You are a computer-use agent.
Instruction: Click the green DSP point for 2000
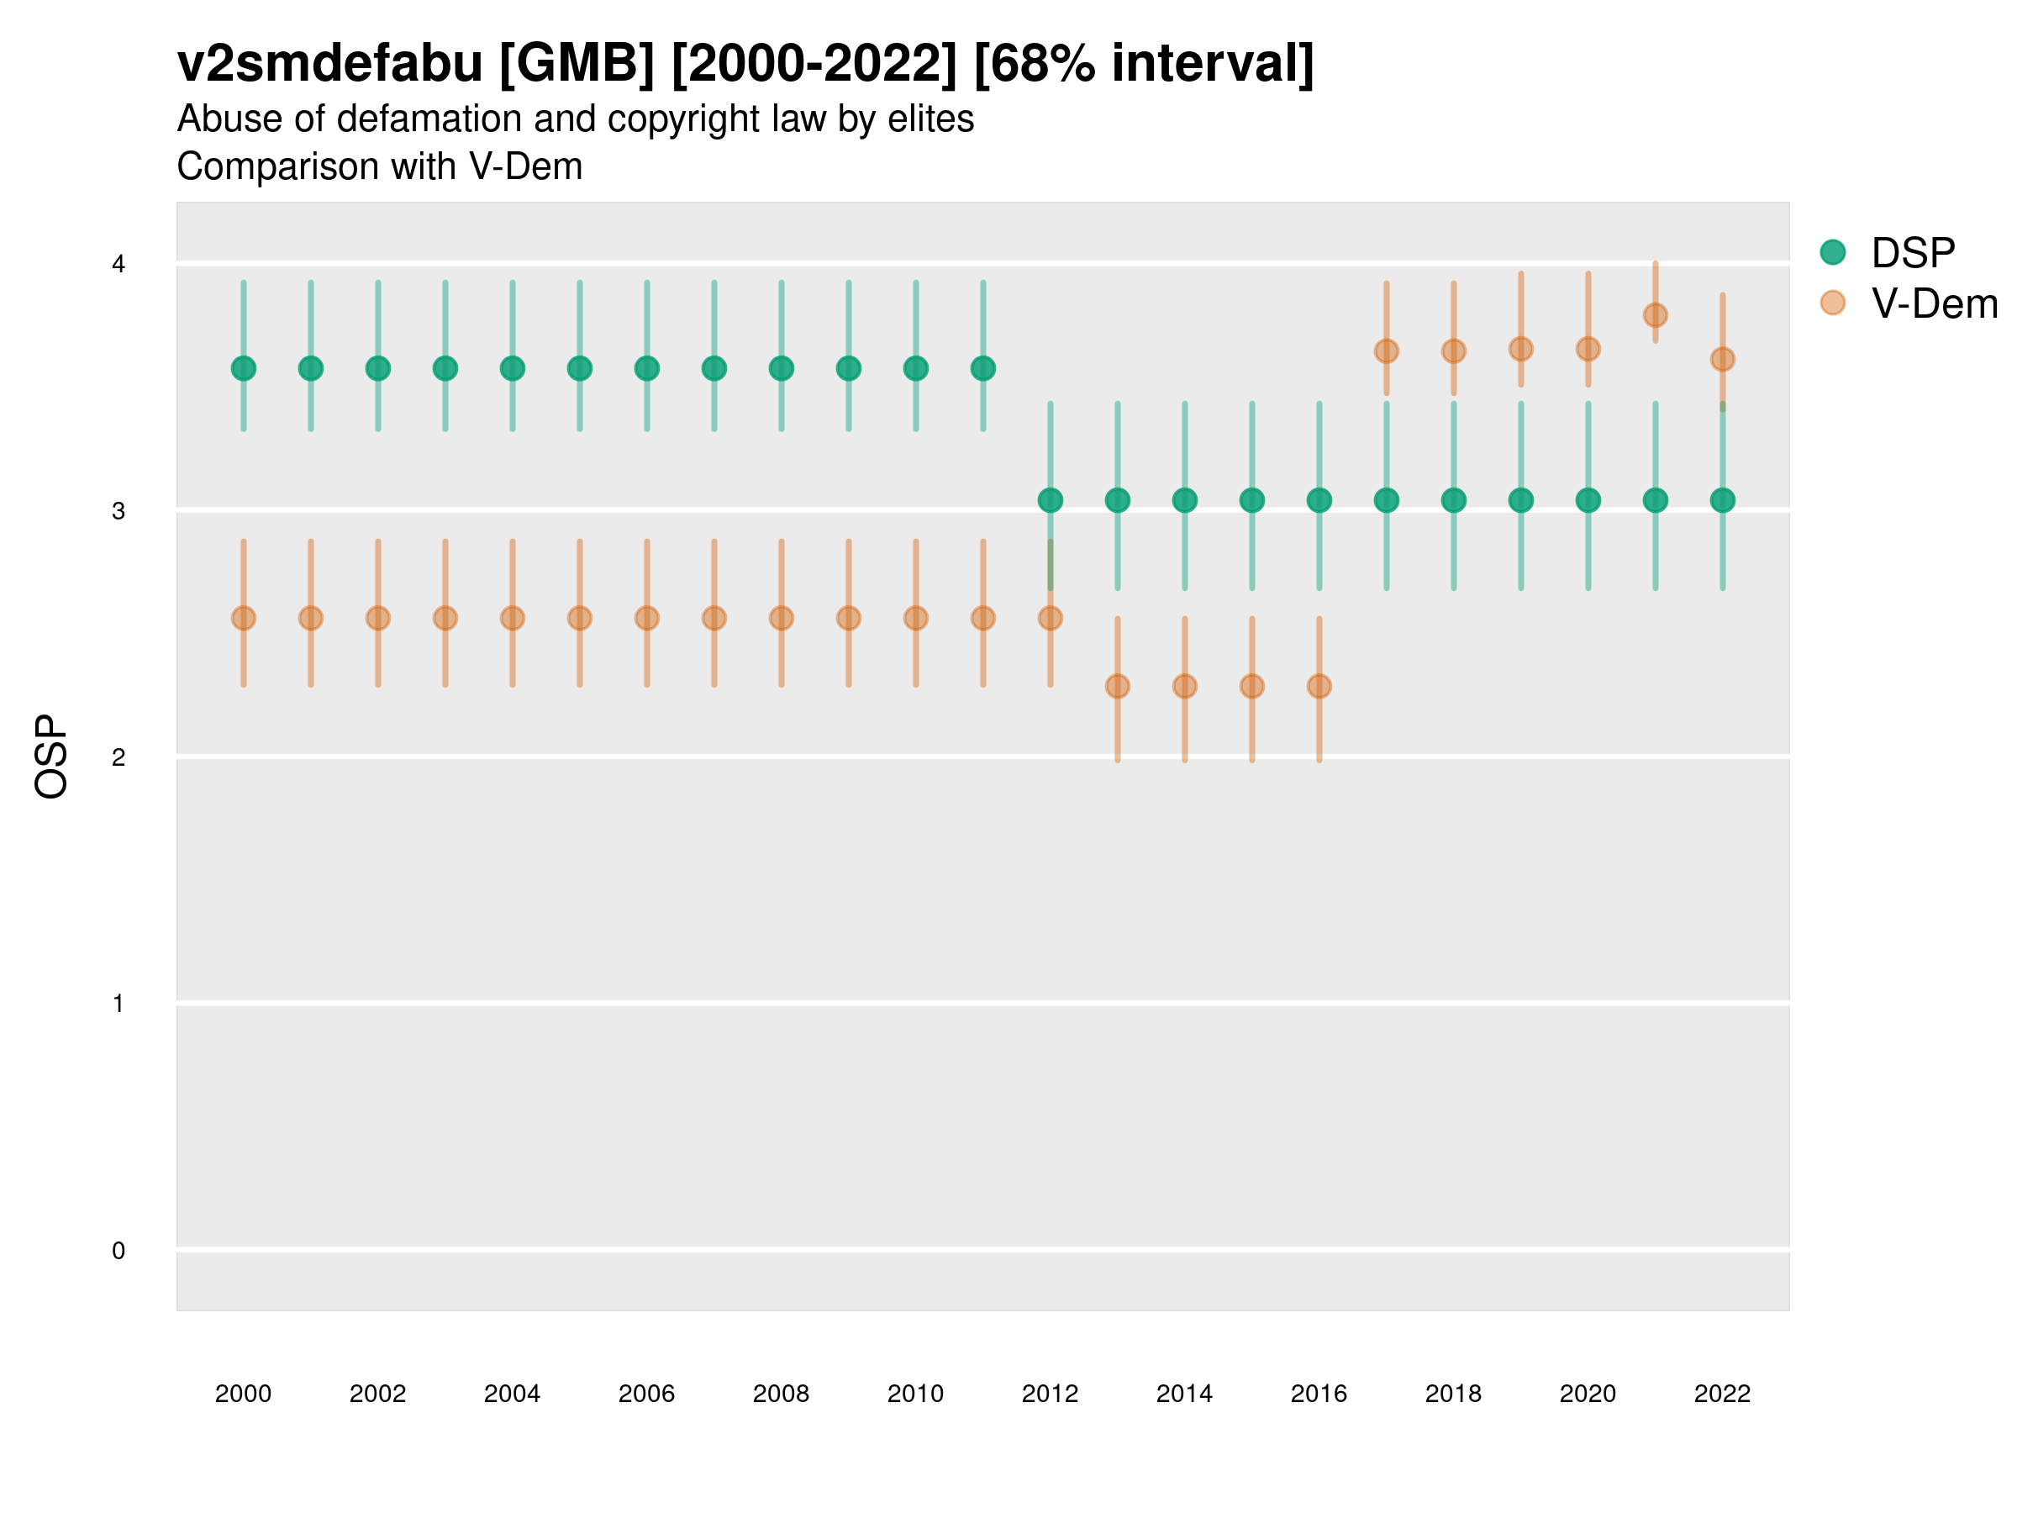click(x=244, y=368)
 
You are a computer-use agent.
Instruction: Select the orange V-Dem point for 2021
click(x=1655, y=315)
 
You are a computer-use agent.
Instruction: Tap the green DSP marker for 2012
click(x=1051, y=500)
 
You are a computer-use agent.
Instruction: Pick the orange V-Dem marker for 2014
click(x=1184, y=686)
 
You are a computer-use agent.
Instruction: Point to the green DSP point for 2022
click(x=1723, y=500)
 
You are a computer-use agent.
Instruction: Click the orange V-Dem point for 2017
click(x=1386, y=351)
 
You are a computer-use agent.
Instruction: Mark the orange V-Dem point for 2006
click(x=646, y=619)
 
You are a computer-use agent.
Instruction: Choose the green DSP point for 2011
click(x=983, y=368)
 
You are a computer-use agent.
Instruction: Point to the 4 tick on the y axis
click(x=118, y=265)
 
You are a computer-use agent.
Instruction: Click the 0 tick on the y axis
click(x=118, y=1251)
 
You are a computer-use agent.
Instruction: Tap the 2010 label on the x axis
click(x=915, y=1394)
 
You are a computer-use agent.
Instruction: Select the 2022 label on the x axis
click(x=1723, y=1394)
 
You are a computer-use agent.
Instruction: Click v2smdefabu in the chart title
click(x=329, y=64)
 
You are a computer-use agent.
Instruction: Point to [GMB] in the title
click(x=577, y=64)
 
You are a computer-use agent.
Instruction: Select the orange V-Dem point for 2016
click(x=1319, y=686)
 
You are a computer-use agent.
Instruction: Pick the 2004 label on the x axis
click(x=512, y=1394)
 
